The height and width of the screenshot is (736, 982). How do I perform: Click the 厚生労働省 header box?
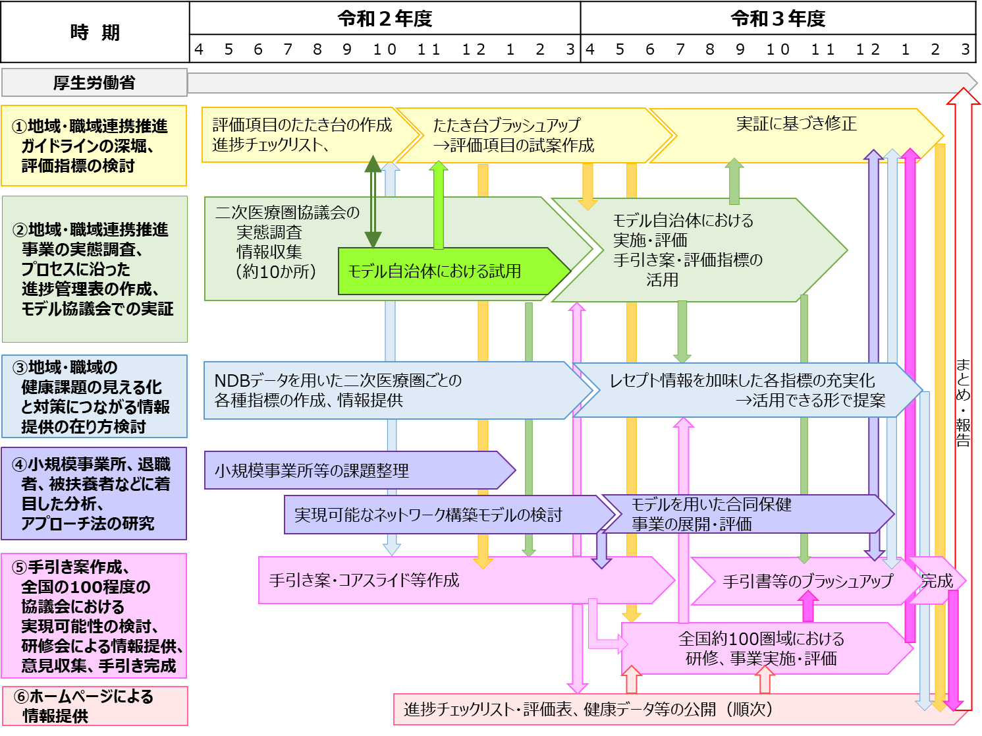click(x=94, y=82)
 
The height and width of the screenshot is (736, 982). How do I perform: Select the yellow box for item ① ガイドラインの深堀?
click(x=94, y=146)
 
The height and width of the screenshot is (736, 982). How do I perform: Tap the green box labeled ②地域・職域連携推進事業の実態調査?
click(x=94, y=269)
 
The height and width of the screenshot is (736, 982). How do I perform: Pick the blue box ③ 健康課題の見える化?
click(x=94, y=397)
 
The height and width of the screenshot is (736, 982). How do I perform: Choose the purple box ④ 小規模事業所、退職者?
click(x=94, y=494)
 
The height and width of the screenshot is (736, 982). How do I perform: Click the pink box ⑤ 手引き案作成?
click(x=94, y=616)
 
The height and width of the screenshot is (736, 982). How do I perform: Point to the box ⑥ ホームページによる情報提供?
click(x=94, y=706)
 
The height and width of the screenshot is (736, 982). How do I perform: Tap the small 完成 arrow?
click(x=937, y=581)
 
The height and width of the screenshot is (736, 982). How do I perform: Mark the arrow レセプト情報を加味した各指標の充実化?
click(x=744, y=390)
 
